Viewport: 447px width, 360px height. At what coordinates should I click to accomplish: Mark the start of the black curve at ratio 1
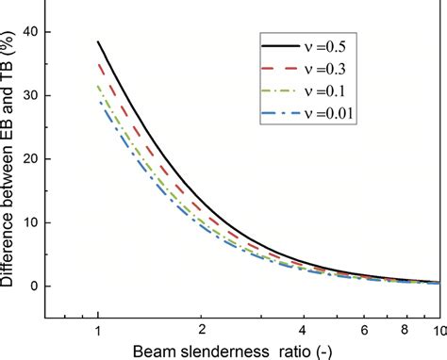[99, 41]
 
